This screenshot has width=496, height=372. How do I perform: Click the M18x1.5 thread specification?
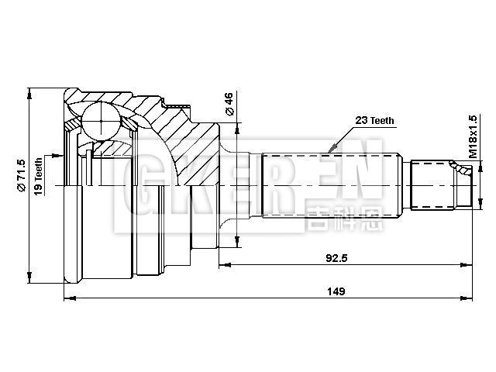(x=472, y=136)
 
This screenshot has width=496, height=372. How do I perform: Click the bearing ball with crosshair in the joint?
(x=102, y=122)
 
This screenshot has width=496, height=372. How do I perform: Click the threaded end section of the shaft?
(x=438, y=184)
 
